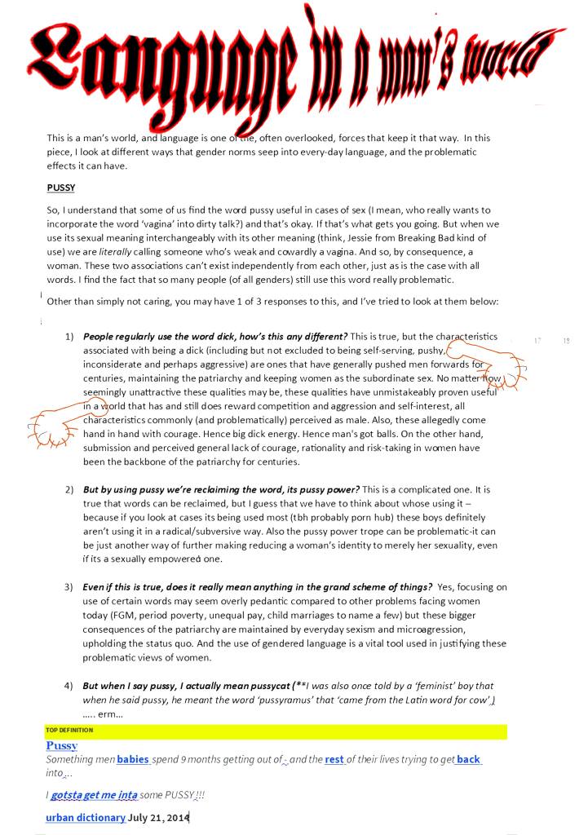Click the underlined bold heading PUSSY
(63, 188)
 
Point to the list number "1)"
(69, 337)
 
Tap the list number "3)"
(69, 588)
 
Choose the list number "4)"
(69, 686)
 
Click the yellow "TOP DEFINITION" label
(70, 730)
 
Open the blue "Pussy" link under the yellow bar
(62, 745)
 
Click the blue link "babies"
(133, 759)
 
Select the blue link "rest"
(334, 759)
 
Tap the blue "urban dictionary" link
(86, 817)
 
